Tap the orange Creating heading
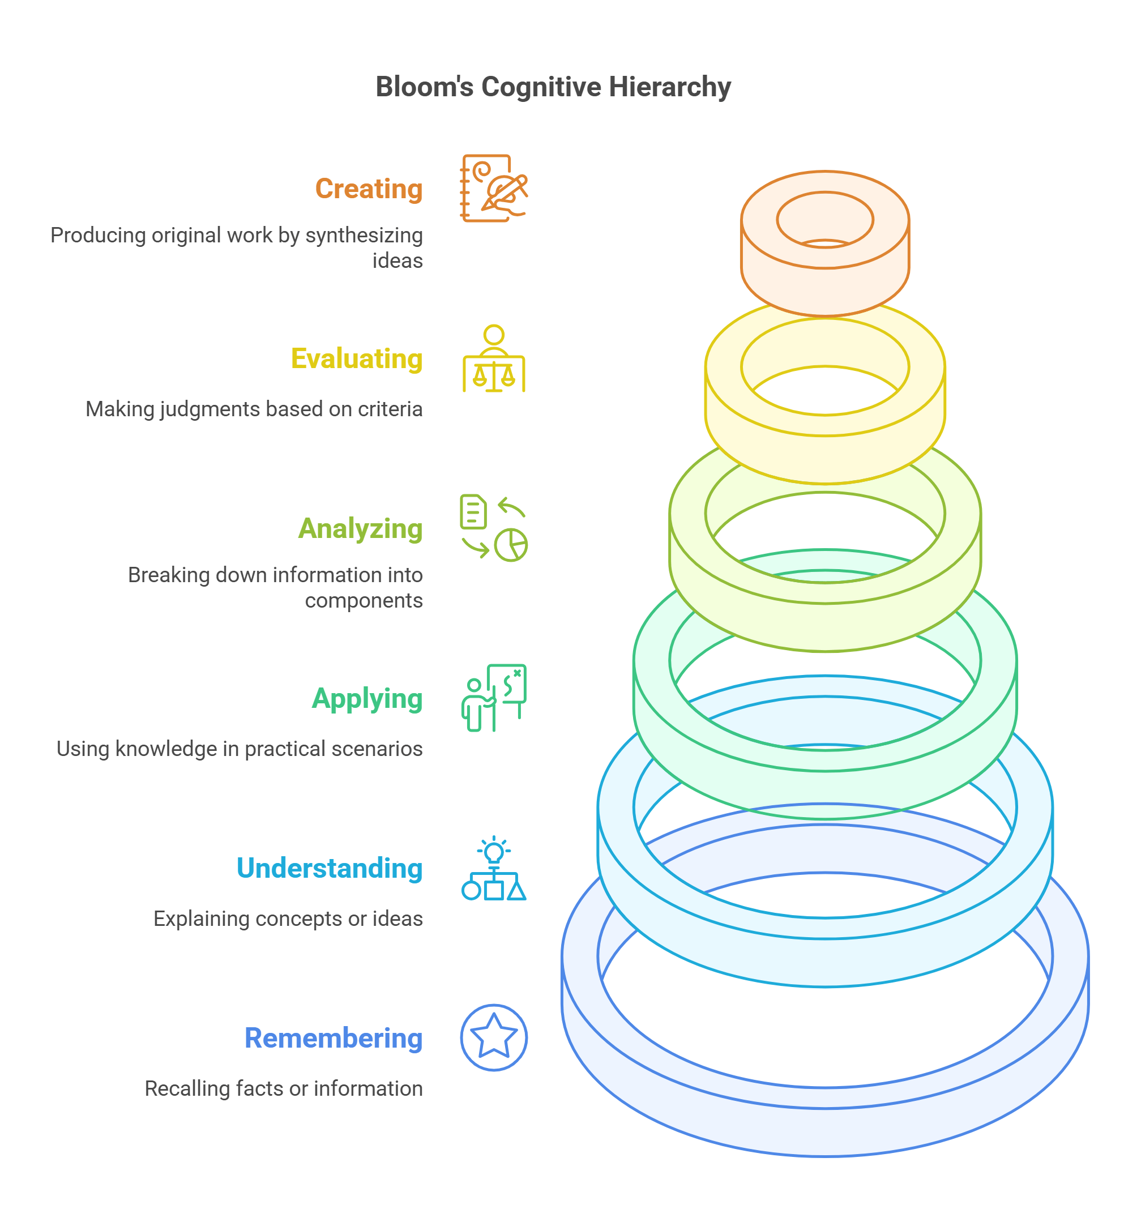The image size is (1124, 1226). point(369,189)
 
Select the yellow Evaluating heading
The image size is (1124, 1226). point(356,359)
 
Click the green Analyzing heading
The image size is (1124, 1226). point(360,528)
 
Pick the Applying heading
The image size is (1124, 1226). point(367,699)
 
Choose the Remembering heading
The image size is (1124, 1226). point(334,1038)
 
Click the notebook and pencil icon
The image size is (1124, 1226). point(493,188)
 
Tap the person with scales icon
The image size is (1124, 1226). point(493,359)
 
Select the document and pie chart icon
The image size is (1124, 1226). point(493,528)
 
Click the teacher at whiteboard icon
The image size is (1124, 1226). point(493,698)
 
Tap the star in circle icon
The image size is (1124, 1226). point(493,1037)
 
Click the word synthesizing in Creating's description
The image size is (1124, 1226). point(364,236)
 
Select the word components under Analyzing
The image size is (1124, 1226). point(363,601)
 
